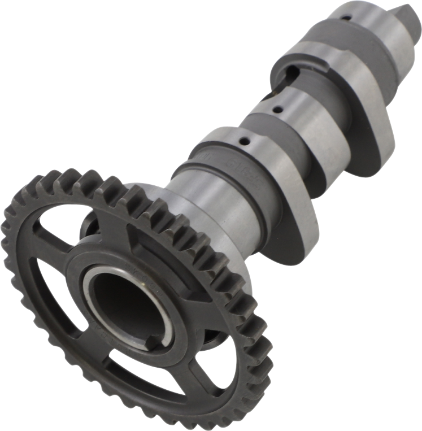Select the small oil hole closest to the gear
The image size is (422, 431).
pos(243,141)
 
